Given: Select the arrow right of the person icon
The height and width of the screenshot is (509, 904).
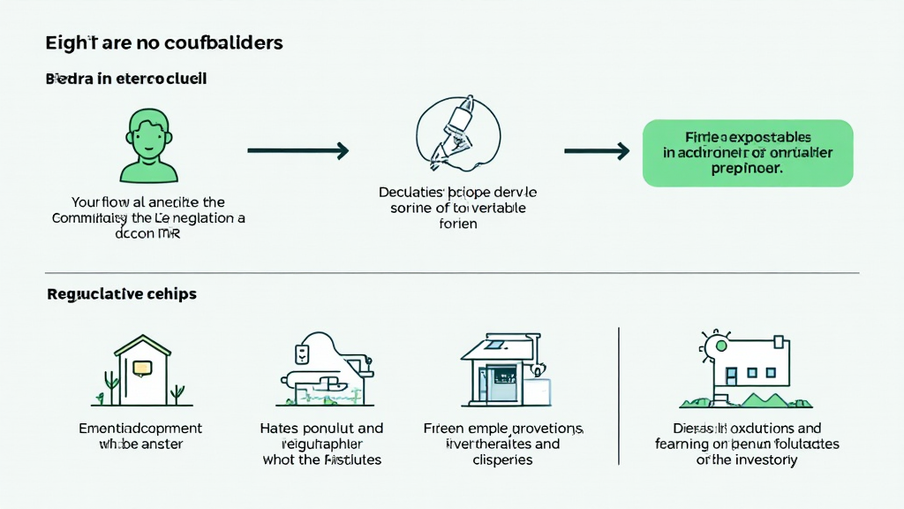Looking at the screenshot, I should point(298,151).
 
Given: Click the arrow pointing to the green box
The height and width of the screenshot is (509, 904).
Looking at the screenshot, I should point(597,151).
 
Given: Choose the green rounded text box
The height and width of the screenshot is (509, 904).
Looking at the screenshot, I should point(748,153).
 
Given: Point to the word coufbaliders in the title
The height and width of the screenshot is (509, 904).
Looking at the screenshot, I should point(225,42).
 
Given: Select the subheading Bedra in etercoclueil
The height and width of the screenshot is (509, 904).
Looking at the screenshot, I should point(125,79).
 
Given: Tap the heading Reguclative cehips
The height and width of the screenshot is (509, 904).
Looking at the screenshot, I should point(121,294).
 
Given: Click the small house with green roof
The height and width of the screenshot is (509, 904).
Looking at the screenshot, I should point(142,369).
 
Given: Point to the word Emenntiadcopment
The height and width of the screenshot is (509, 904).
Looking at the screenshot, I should point(140,429).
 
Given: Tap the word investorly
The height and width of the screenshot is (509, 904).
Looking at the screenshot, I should point(759,460).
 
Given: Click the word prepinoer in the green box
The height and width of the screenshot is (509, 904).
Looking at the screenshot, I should point(747,169).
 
